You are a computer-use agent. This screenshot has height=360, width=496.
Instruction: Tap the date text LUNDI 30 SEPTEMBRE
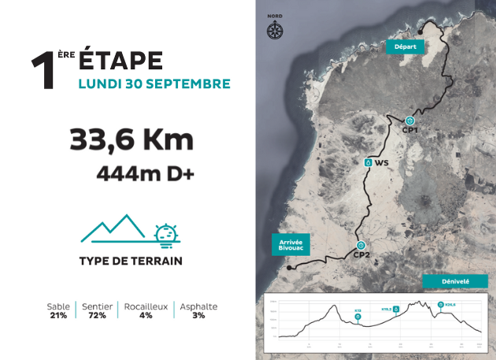pyautogui.click(x=154, y=84)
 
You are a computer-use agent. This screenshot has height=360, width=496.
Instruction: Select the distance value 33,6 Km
pyautogui.click(x=131, y=140)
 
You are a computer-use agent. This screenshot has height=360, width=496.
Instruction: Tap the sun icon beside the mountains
pyautogui.click(x=165, y=233)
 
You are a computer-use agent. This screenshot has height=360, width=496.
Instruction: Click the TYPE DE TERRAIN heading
pyautogui.click(x=131, y=261)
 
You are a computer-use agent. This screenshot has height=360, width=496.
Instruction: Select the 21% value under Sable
pyautogui.click(x=58, y=316)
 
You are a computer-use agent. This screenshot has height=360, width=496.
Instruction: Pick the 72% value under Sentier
pyautogui.click(x=98, y=316)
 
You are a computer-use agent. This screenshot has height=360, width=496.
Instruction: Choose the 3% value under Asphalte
pyautogui.click(x=198, y=316)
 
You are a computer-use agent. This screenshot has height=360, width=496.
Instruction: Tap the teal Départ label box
pyautogui.click(x=405, y=46)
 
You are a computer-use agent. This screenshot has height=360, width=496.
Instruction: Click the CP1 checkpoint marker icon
pyautogui.click(x=409, y=121)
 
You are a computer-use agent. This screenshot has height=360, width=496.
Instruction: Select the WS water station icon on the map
pyautogui.click(x=368, y=162)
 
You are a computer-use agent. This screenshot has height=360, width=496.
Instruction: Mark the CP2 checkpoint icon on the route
pyautogui.click(x=361, y=244)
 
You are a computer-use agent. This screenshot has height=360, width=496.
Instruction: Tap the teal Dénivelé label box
pyautogui.click(x=456, y=281)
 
